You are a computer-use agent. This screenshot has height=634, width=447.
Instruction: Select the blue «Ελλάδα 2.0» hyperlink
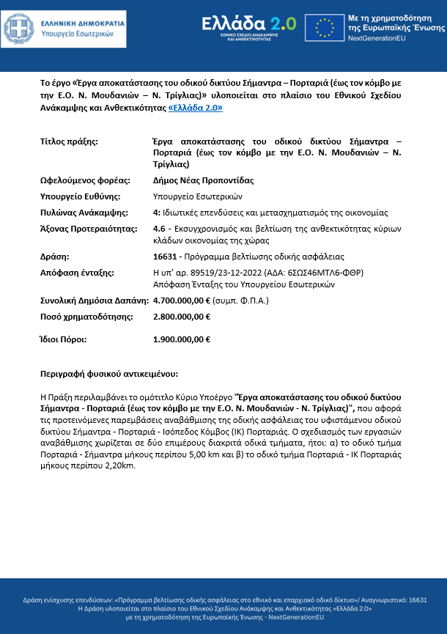196,107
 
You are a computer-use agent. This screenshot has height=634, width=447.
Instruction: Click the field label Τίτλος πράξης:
68,141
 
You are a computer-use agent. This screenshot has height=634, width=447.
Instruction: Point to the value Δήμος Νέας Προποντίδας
197,180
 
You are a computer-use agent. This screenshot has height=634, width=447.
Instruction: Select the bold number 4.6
159,229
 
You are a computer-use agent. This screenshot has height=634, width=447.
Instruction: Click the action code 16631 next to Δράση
164,257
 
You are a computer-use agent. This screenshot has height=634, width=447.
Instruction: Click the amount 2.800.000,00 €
182,317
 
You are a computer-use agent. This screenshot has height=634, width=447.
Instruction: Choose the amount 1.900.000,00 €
182,339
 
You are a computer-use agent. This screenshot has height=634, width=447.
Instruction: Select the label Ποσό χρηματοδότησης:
86,317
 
